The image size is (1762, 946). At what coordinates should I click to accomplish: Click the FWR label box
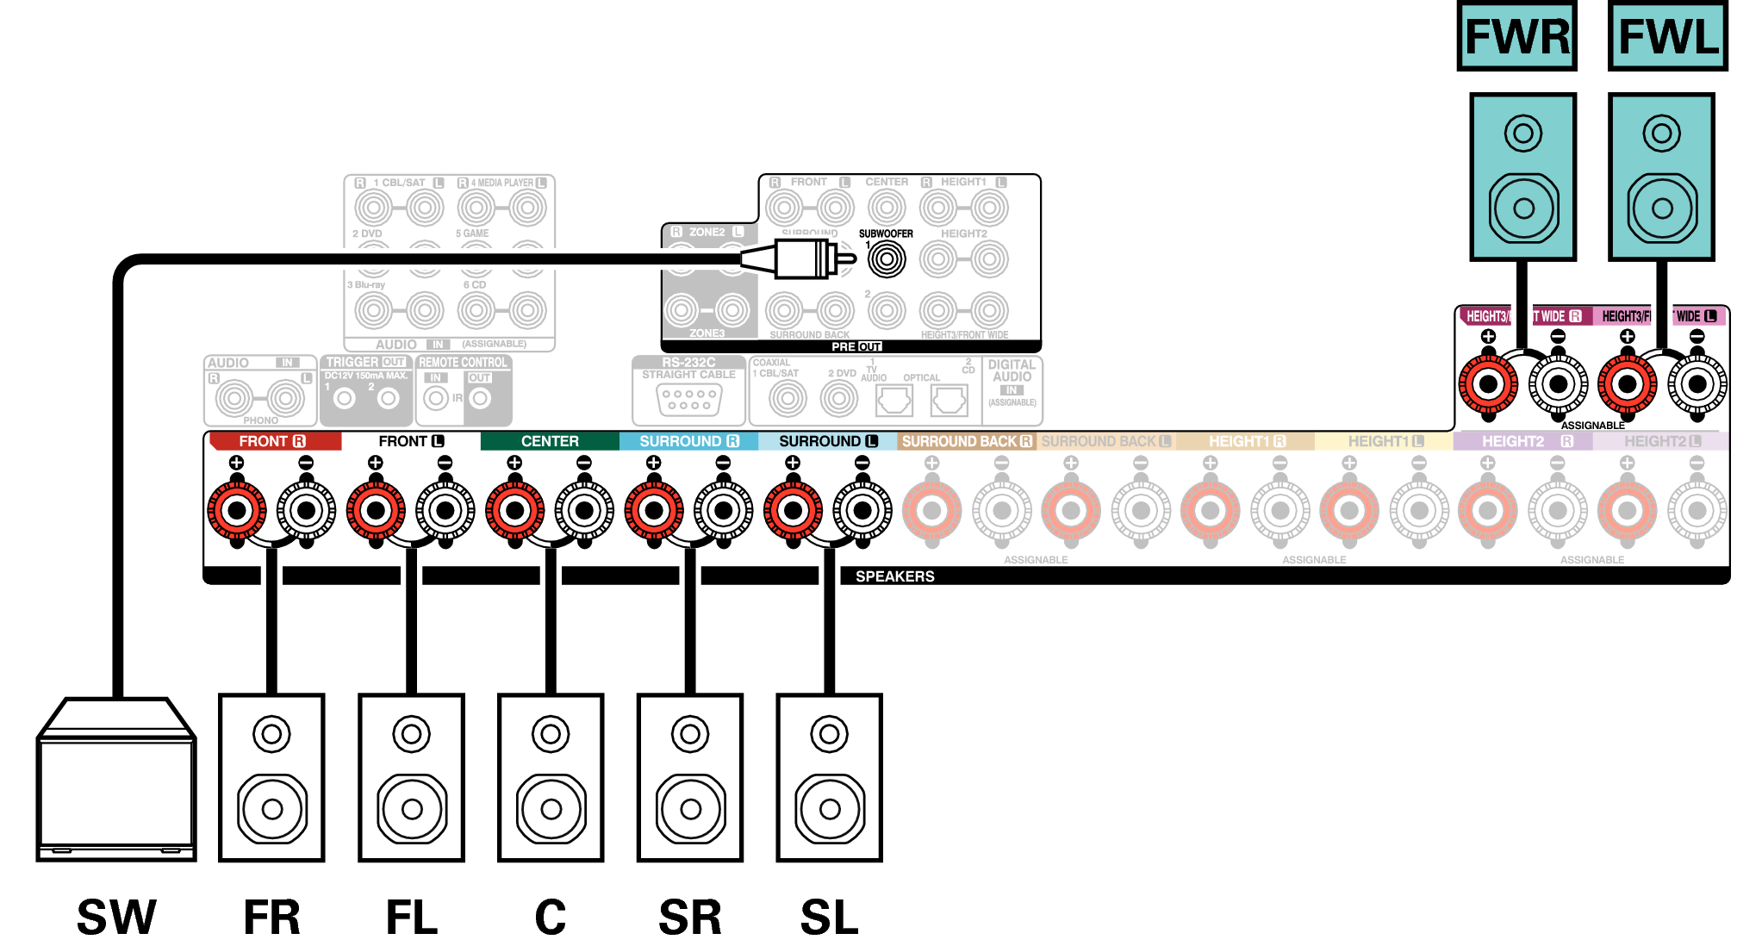pos(1516,36)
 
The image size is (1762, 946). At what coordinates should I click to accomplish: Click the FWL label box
pos(1668,36)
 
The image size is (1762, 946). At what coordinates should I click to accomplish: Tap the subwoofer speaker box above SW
pos(116,780)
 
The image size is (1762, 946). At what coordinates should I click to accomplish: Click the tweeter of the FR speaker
pos(271,734)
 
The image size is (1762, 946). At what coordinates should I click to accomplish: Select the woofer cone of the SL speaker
pos(829,809)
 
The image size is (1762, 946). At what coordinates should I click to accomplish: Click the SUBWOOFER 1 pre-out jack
pos(887,258)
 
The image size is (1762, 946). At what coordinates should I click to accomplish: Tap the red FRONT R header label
pos(273,441)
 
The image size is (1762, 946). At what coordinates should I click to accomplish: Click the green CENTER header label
pos(550,441)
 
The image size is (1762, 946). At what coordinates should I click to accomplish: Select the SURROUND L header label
pos(827,441)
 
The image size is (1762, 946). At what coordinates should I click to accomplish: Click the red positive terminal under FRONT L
pos(376,511)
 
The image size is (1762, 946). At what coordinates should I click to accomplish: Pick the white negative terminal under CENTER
pos(584,511)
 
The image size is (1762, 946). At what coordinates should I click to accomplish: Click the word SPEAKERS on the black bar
pos(894,576)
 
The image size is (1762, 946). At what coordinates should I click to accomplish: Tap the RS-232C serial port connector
pos(688,400)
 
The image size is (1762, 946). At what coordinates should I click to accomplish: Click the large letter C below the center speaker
pos(551,917)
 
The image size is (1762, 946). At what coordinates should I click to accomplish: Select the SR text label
pos(690,917)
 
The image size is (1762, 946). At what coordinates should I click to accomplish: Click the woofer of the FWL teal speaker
pos(1662,208)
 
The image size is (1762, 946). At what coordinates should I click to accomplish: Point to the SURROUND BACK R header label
pos(966,441)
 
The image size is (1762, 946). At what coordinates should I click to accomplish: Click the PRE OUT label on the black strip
pos(856,346)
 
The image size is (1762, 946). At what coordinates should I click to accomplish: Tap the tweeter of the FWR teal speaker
pos(1522,134)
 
